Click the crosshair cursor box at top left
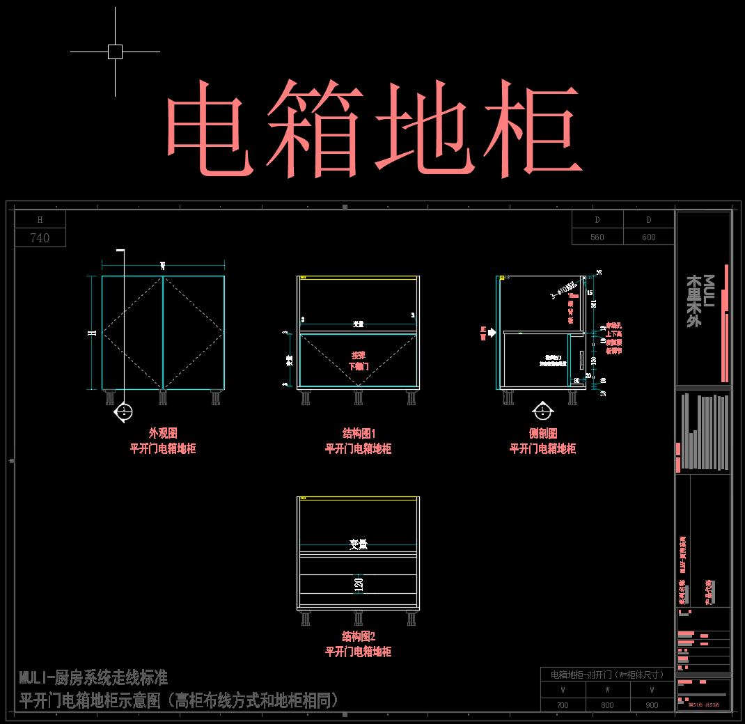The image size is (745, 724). click(115, 52)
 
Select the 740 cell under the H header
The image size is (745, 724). click(40, 238)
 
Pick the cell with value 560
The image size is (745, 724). click(597, 237)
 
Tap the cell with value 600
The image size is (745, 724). click(649, 237)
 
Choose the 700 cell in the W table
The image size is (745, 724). click(563, 705)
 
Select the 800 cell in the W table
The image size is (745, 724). click(608, 705)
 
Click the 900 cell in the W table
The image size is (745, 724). click(652, 705)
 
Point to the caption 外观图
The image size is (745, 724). click(163, 433)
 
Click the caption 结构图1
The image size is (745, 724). click(359, 433)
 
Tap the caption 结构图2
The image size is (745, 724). click(359, 636)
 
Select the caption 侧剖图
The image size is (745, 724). click(542, 433)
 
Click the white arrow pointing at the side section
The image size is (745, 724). click(492, 333)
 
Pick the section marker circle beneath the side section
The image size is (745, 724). click(541, 411)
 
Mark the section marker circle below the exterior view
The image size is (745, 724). click(123, 411)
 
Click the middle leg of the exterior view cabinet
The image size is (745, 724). click(163, 398)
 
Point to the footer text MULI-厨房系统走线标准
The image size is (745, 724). click(93, 677)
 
